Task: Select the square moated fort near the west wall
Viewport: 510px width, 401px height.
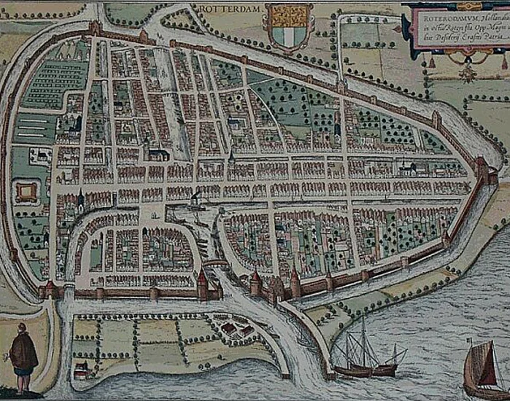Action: (x=27, y=192)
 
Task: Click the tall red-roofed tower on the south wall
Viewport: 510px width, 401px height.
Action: (x=203, y=284)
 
